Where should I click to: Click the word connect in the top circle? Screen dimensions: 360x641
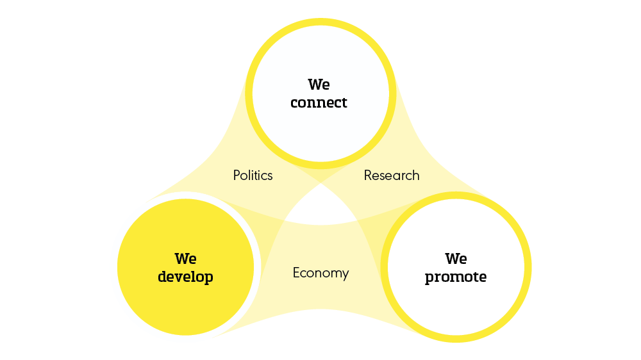pos(319,102)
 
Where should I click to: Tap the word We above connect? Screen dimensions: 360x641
pos(319,85)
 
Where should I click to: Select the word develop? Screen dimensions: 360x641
pos(185,277)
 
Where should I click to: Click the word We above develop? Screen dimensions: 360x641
pos(185,259)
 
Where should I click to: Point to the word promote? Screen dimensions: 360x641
pos(456,277)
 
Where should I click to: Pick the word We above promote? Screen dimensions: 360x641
pos(456,259)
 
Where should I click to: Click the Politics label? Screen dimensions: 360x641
pos(253,176)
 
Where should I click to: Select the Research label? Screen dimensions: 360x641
pos(392,176)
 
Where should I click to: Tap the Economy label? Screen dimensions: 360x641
pos(320,273)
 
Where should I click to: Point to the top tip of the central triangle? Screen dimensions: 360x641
pos(320,185)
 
